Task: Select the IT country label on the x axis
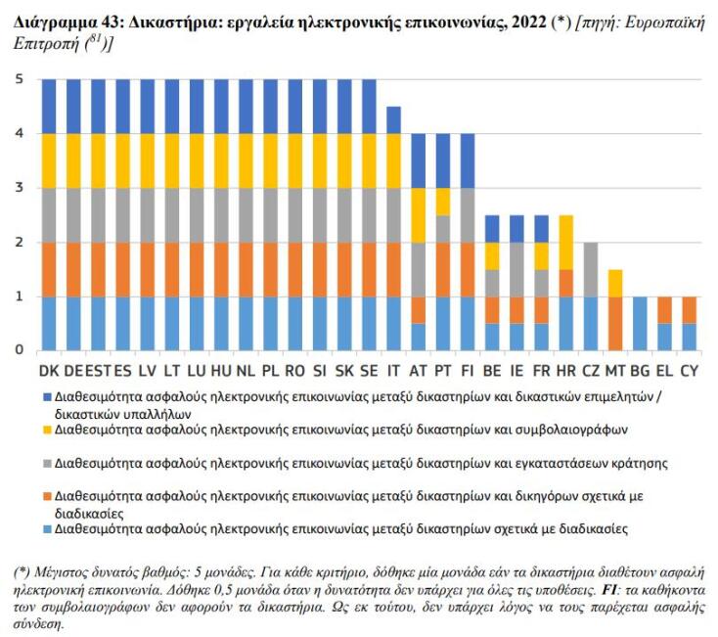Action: [392, 373]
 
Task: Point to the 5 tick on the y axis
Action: [18, 79]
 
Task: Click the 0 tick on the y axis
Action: [18, 349]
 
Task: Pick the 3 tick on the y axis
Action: [18, 188]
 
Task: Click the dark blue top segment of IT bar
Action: [392, 119]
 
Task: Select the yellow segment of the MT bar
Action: [615, 283]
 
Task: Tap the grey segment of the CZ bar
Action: [591, 269]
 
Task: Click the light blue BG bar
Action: [641, 323]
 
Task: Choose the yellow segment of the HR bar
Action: [565, 242]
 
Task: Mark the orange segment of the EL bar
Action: [665, 309]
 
